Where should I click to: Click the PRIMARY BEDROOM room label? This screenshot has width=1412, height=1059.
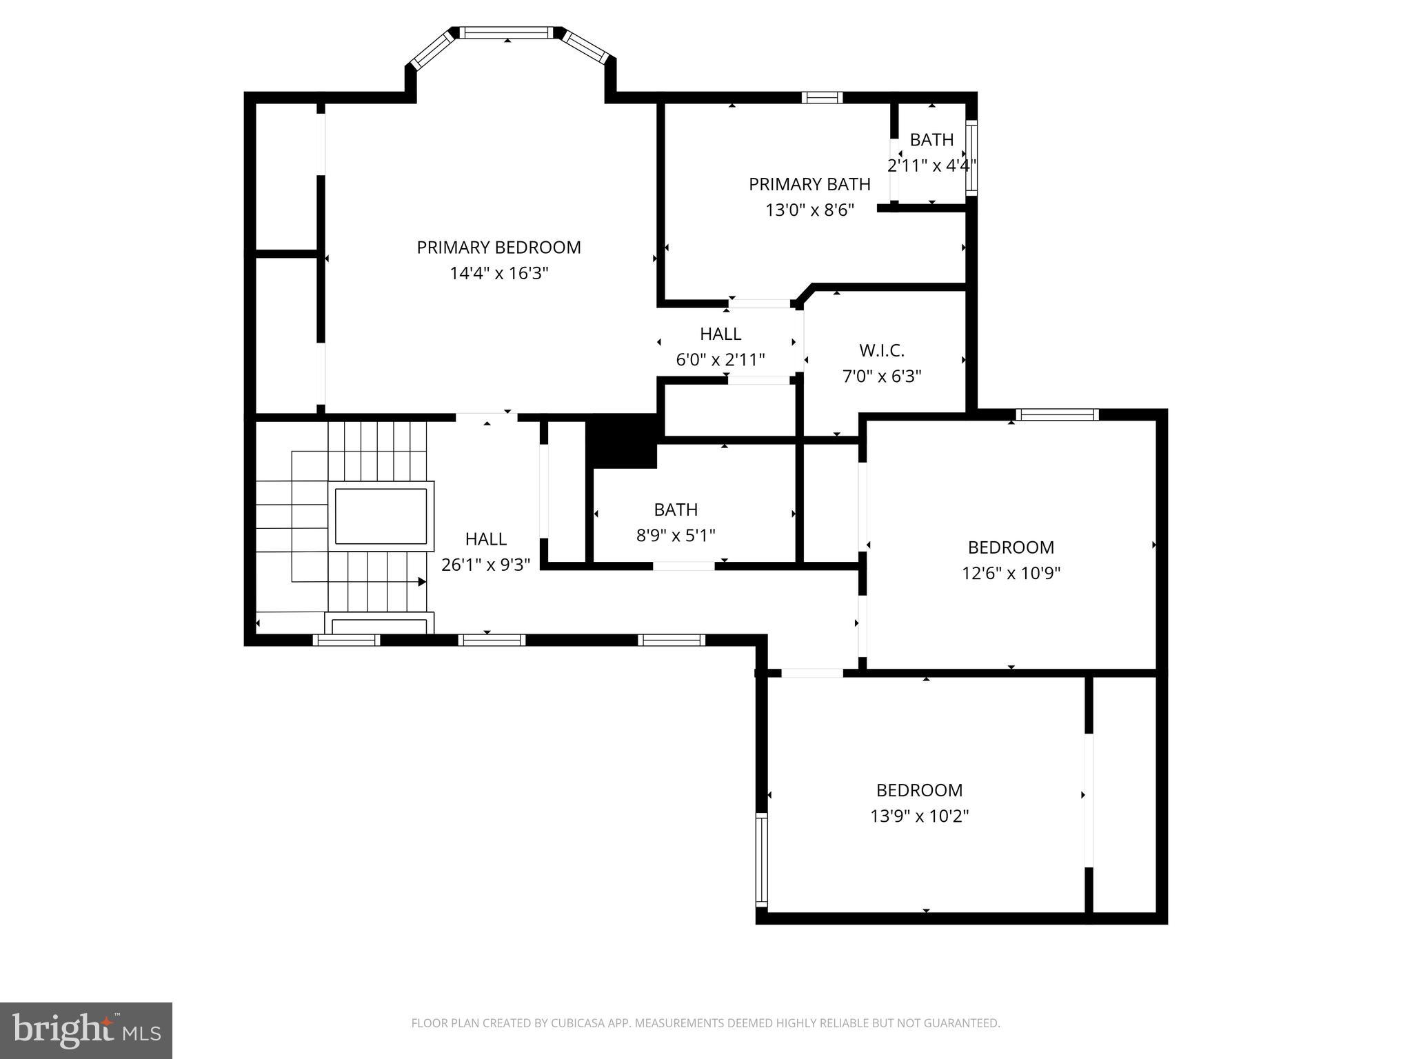pyautogui.click(x=498, y=248)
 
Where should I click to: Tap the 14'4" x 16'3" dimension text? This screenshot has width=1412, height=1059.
pyautogui.click(x=498, y=274)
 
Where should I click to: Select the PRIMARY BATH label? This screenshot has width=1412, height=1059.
pyautogui.click(x=809, y=185)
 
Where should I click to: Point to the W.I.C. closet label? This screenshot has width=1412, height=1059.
pyautogui.click(x=882, y=351)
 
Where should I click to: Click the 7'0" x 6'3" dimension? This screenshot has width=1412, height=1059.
pyautogui.click(x=882, y=376)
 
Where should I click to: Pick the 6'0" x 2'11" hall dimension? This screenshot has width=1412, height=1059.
pyautogui.click(x=720, y=360)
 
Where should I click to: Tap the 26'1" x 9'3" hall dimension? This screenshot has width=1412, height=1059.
pyautogui.click(x=486, y=565)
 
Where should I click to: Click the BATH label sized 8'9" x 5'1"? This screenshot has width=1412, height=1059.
pyautogui.click(x=676, y=510)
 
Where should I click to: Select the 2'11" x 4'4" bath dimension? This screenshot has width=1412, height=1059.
pyautogui.click(x=931, y=165)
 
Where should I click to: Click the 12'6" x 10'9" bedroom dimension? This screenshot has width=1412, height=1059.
pyautogui.click(x=1011, y=573)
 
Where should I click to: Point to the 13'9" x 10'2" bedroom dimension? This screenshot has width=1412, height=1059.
pyautogui.click(x=920, y=816)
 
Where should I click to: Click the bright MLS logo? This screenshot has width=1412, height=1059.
pyautogui.click(x=86, y=1031)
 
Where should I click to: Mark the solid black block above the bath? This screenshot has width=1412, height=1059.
pyautogui.click(x=621, y=441)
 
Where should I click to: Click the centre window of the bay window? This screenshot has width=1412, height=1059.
pyautogui.click(x=507, y=32)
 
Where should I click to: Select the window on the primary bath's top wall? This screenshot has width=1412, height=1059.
pyautogui.click(x=822, y=97)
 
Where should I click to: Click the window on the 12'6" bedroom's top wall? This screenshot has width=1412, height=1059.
pyautogui.click(x=1057, y=414)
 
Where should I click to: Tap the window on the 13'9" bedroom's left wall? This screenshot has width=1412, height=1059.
pyautogui.click(x=762, y=859)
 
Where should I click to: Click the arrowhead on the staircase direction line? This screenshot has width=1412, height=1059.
pyautogui.click(x=423, y=582)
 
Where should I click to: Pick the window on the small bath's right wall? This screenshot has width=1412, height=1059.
pyautogui.click(x=971, y=157)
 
